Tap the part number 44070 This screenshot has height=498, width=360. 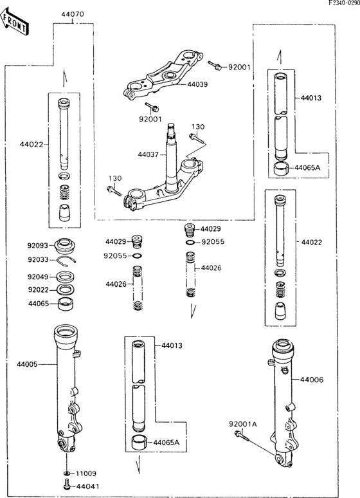tap(73, 14)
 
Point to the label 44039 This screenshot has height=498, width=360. tap(198, 84)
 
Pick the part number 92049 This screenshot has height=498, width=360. tap(38, 277)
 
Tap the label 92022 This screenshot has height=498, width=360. tap(38, 290)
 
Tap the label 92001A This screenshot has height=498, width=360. tap(242, 423)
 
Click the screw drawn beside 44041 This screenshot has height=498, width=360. tap(66, 488)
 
